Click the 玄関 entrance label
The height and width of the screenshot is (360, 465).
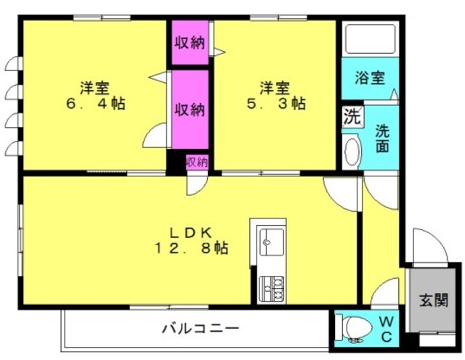[433, 300]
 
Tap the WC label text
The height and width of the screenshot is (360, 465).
[387, 329]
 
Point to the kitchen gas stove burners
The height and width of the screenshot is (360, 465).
[271, 289]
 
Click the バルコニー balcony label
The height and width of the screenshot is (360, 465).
[201, 329]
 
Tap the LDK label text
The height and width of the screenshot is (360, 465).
[191, 234]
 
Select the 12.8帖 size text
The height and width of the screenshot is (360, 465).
[191, 248]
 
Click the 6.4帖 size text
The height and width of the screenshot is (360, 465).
[95, 103]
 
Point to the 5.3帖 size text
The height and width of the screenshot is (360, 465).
[276, 103]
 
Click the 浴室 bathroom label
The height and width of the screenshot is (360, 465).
[370, 78]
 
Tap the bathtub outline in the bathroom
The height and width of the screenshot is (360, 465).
[371, 39]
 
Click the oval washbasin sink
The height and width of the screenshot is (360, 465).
[352, 152]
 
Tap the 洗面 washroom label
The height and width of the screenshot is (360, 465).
[383, 139]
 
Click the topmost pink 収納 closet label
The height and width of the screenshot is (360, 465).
[190, 43]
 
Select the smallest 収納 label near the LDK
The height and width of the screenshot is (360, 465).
[197, 163]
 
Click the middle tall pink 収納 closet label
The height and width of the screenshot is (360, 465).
[190, 110]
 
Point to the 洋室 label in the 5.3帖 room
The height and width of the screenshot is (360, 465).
[275, 88]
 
